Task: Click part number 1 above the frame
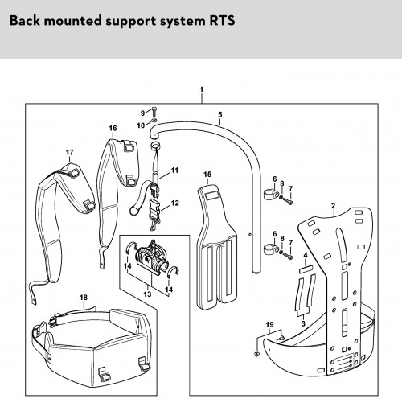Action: coord(202,89)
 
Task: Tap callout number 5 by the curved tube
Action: coord(220,114)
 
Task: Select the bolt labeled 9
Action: coord(154,111)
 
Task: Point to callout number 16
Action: coord(113,128)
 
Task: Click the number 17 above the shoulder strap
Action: coord(70,152)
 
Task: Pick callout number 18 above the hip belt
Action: coord(84,298)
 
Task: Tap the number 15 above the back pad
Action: coord(207,175)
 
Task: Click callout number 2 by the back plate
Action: coord(333,206)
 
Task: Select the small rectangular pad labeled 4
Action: coord(306,269)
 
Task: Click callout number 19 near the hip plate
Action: coord(270,325)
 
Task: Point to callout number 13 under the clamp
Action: coord(147,294)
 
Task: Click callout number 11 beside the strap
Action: coord(174,171)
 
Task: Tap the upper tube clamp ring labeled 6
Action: coord(271,194)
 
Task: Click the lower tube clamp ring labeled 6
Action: coord(271,249)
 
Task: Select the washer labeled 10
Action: coord(154,120)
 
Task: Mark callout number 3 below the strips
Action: coord(303,323)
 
